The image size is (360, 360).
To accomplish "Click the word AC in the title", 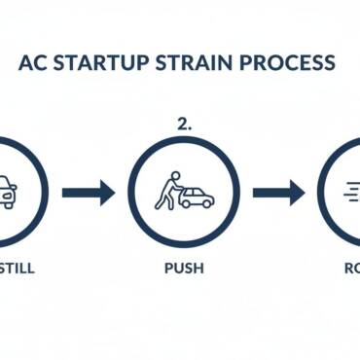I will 34,63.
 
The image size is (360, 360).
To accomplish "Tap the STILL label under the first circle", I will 17,268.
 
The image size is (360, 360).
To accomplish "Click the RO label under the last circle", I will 348,268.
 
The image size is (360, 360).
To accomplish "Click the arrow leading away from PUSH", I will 278,192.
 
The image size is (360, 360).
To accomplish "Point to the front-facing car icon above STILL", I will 6,193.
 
